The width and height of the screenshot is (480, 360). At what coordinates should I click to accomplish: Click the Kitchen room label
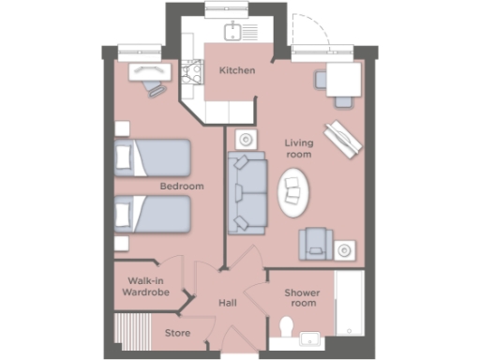236,70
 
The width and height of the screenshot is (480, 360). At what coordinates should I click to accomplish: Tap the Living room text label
298,148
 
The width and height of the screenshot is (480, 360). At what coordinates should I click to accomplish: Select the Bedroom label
181,187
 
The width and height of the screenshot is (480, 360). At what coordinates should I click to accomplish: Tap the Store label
177,333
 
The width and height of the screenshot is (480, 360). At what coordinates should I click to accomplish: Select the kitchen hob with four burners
195,71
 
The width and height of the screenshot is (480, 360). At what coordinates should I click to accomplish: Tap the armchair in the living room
314,245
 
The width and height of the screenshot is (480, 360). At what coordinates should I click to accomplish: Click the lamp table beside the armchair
346,249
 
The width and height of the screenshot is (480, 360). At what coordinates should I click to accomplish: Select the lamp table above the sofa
246,139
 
